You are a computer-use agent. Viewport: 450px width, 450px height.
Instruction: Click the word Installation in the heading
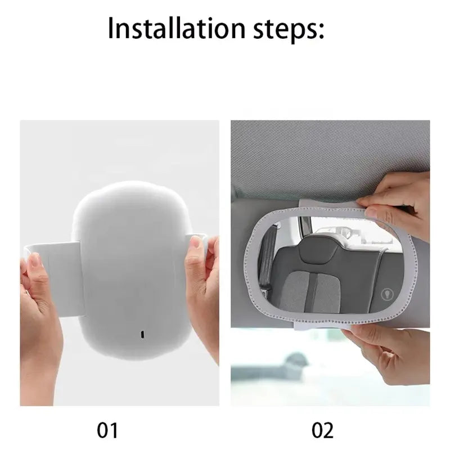point(177,29)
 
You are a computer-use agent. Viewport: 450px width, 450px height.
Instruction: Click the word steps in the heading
point(285,30)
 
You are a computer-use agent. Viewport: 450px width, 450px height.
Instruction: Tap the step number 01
point(107,430)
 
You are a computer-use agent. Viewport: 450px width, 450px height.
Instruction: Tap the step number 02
point(322,430)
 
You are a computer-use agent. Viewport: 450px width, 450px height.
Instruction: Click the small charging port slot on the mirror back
point(142,334)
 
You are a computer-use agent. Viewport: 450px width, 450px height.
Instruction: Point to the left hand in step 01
point(41,318)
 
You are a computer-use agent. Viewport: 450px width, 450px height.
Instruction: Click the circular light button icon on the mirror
point(388,295)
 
